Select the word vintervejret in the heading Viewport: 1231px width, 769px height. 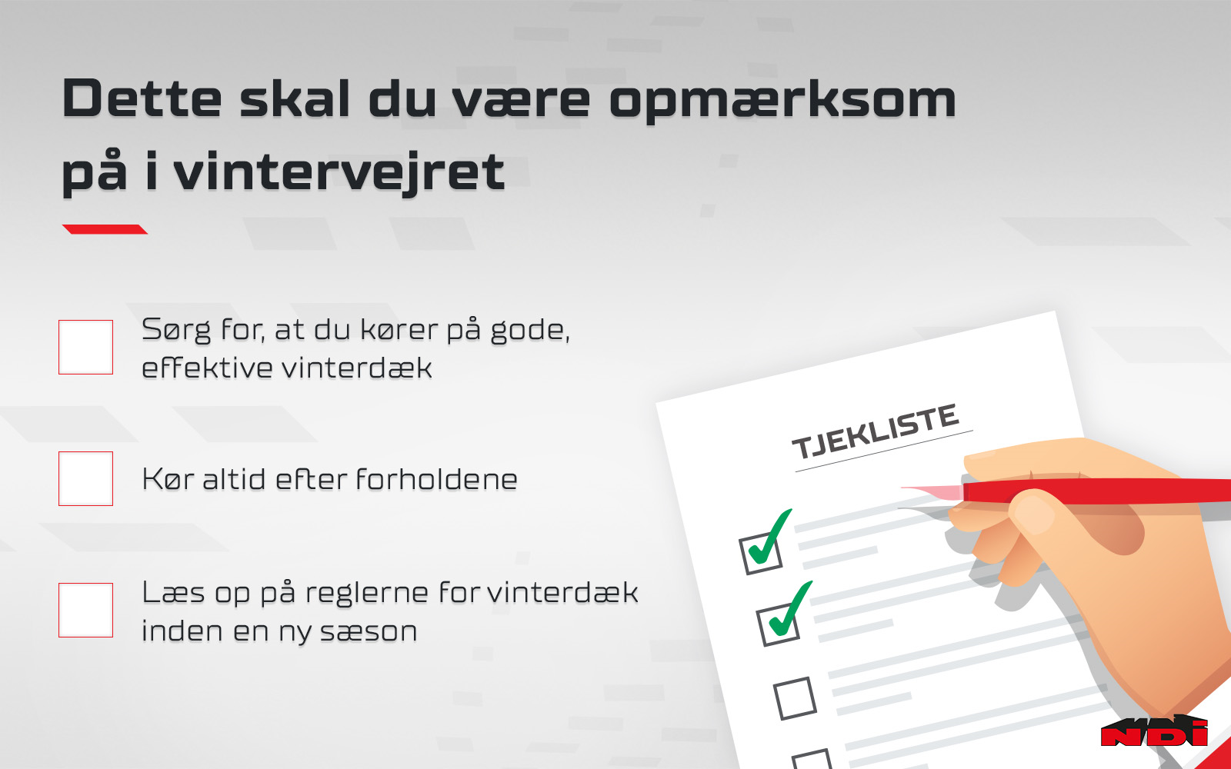(x=339, y=171)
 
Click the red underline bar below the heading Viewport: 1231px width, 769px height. (x=105, y=229)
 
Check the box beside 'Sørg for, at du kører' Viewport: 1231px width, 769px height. (x=85, y=347)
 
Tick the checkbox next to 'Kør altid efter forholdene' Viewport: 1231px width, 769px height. (x=85, y=478)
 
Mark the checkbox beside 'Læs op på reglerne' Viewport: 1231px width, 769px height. (x=85, y=610)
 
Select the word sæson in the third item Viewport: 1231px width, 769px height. (x=369, y=631)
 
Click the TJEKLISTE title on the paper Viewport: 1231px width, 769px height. (x=876, y=431)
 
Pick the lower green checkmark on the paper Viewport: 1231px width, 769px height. (x=789, y=609)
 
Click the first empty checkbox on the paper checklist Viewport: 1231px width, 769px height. (x=795, y=699)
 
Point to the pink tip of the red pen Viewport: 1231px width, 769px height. (x=934, y=491)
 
